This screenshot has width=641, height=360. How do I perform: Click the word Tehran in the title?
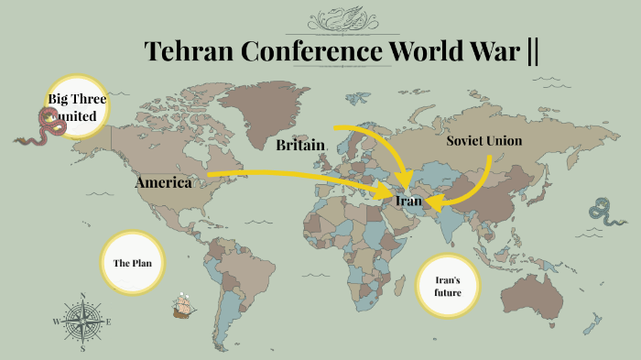point(189,51)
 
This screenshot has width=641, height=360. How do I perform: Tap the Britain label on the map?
point(300,145)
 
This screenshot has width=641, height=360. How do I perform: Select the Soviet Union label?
point(483,141)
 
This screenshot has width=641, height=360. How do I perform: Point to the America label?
point(164,182)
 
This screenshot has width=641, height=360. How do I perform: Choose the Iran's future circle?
point(447,286)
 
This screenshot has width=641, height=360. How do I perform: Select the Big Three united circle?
point(77,107)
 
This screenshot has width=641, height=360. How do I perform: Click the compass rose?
point(82,322)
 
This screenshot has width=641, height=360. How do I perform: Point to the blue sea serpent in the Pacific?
point(603,213)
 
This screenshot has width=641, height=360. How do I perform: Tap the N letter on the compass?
point(82,296)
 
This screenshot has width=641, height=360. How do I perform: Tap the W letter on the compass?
point(56,322)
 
